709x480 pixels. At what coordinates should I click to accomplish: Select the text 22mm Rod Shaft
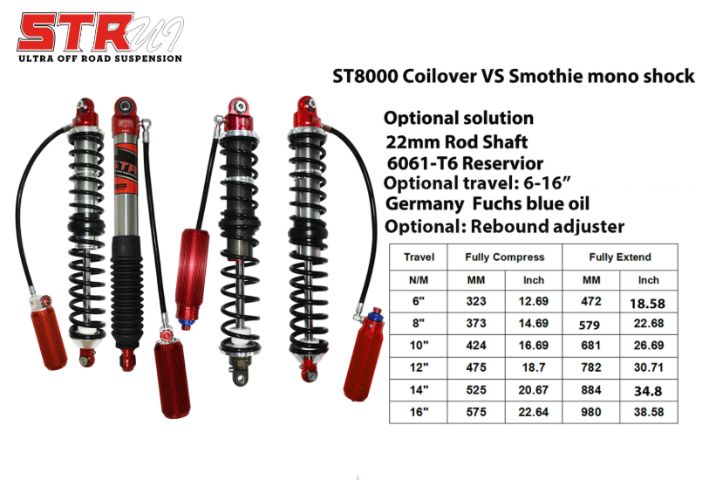[x=457, y=141]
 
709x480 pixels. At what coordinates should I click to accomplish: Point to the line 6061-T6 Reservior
[x=466, y=163]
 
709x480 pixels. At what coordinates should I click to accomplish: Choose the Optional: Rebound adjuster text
[x=504, y=227]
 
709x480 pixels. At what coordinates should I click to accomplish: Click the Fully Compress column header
[x=505, y=257]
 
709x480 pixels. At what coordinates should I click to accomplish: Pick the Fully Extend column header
[x=620, y=257]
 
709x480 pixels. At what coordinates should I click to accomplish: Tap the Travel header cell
[x=419, y=257]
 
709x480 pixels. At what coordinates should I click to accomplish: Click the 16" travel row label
[x=419, y=412]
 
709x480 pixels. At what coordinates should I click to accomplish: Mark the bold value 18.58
[x=649, y=303]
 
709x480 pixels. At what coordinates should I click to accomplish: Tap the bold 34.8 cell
[x=649, y=390]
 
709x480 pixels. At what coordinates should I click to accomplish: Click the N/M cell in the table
[x=419, y=280]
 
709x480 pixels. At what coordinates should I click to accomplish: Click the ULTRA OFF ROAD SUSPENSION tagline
[x=100, y=58]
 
